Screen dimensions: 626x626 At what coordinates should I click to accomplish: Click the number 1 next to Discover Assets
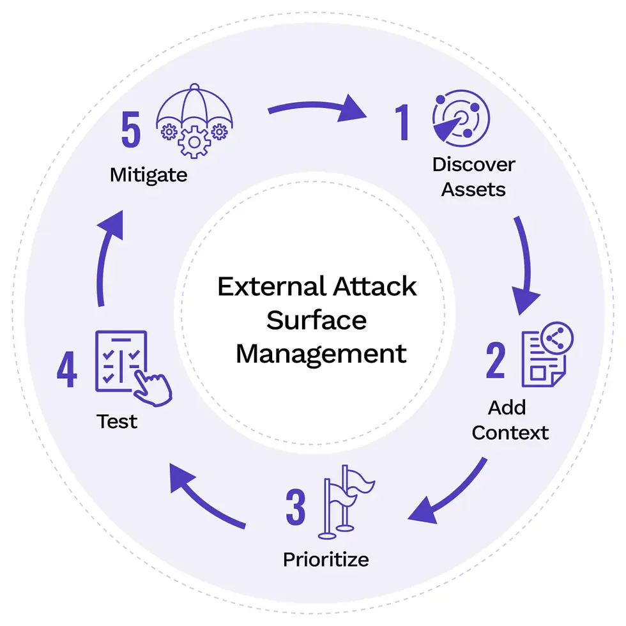[402, 123]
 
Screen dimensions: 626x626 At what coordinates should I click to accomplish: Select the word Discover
[473, 164]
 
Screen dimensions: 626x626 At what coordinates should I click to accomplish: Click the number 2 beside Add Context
[496, 361]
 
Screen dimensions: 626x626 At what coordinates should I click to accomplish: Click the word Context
[510, 432]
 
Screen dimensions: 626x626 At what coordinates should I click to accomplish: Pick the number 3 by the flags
[295, 508]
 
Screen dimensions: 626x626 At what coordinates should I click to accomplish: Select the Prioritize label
[326, 560]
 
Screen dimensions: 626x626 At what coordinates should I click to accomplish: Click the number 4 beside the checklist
[67, 370]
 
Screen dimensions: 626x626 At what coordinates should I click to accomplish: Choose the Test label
[117, 422]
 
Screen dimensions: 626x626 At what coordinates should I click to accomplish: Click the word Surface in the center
[317, 320]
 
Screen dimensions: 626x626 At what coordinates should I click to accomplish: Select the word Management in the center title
[321, 353]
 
